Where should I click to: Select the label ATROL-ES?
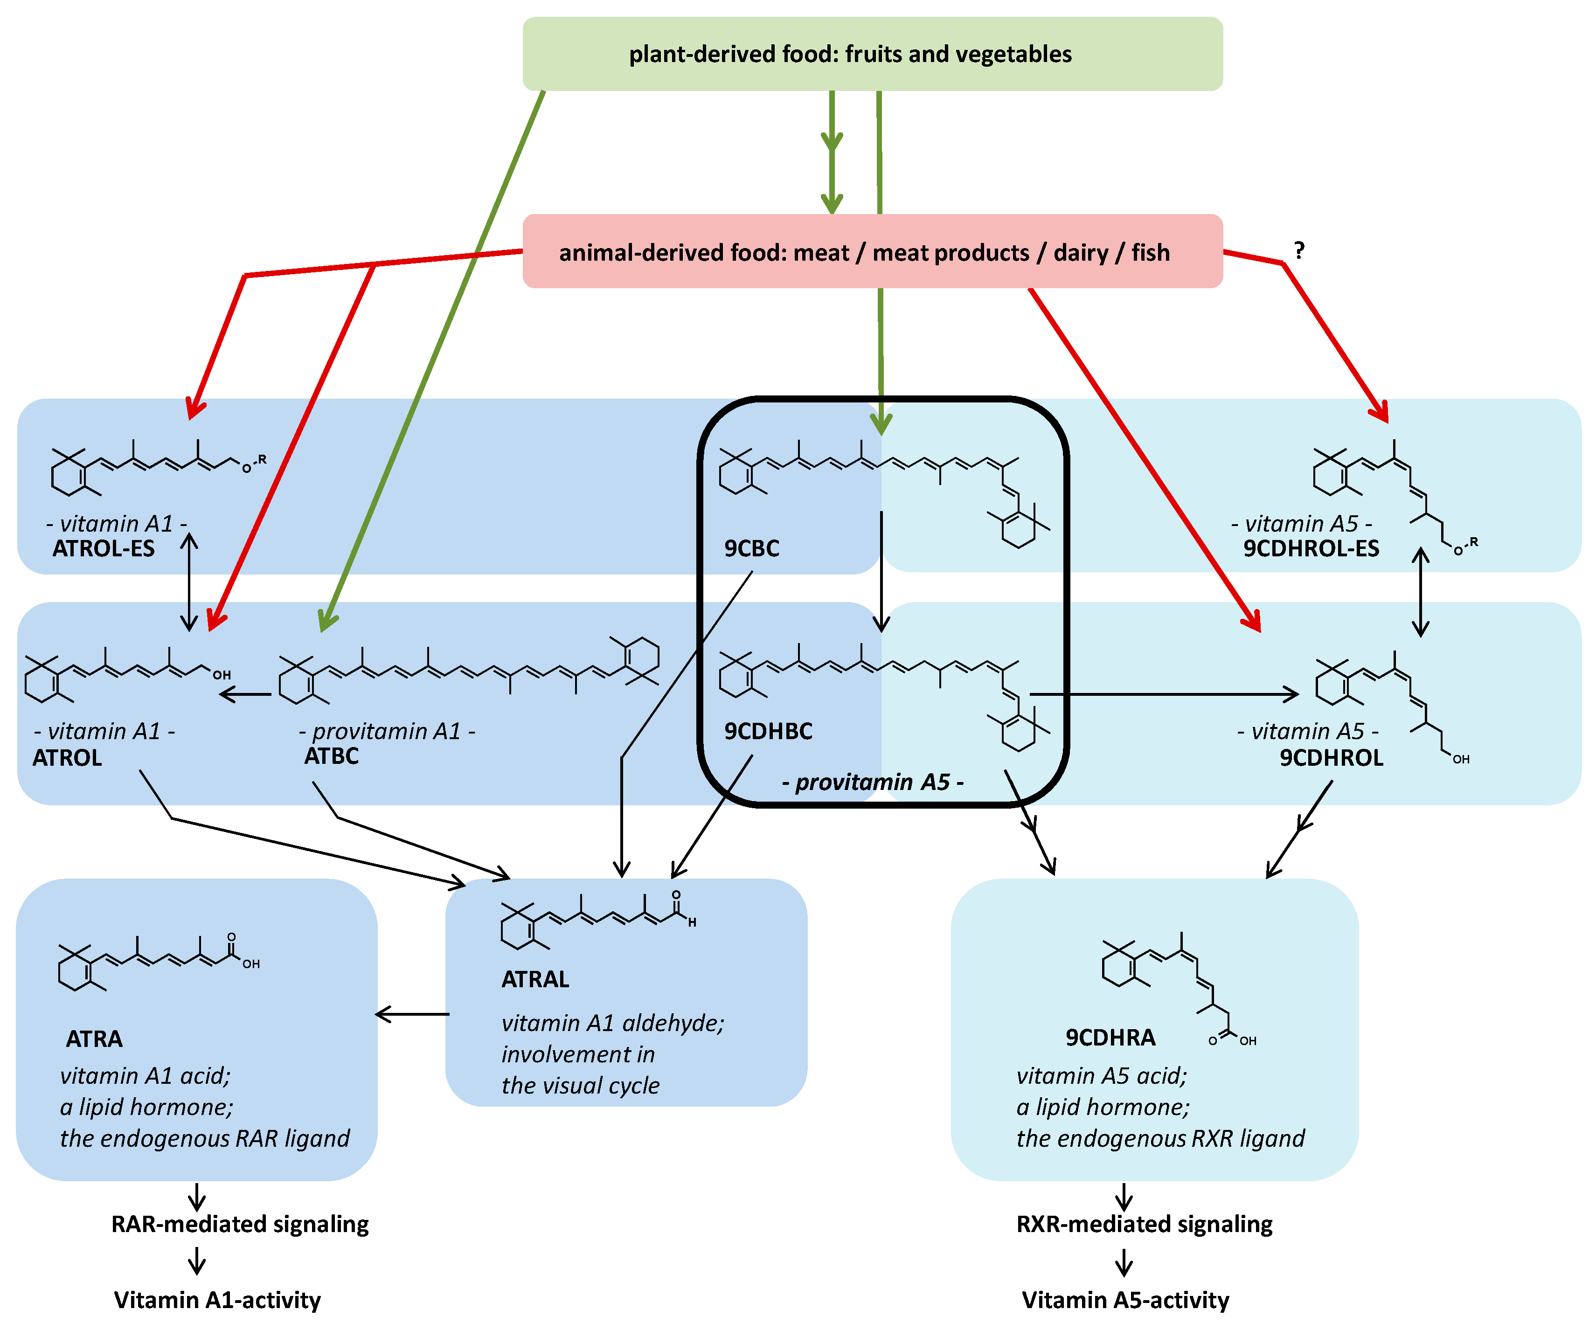point(104,549)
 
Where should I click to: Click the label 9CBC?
point(751,549)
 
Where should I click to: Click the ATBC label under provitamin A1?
point(331,756)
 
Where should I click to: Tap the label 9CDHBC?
point(768,731)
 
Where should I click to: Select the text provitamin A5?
point(873,782)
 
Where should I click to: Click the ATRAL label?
point(535,979)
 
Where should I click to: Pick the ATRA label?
point(94,1039)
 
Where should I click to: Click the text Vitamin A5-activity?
point(1125,1300)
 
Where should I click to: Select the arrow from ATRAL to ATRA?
point(413,1014)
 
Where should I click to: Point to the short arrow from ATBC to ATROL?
point(245,694)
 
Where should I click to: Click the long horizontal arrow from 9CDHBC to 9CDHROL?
point(1163,694)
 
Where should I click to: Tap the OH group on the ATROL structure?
point(221,675)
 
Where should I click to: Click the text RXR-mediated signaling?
point(1144,1224)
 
